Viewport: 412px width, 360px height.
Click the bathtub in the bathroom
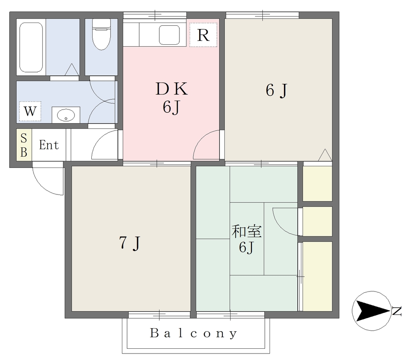point(31,48)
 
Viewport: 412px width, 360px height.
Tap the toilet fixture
point(101,34)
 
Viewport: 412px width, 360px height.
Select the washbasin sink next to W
point(66,115)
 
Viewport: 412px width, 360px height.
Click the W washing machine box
point(30,111)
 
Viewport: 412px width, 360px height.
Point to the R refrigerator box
point(203,35)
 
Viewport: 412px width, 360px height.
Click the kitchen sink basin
point(169,35)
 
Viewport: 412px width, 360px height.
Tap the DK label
point(171,89)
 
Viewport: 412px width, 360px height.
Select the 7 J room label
point(130,243)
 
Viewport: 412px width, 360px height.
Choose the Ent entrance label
point(49,145)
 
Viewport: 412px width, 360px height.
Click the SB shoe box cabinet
point(24,145)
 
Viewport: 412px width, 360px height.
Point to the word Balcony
point(194,333)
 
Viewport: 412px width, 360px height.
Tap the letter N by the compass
point(396,311)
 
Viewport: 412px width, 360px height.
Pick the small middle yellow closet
point(317,221)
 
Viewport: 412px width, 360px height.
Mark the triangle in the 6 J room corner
point(325,155)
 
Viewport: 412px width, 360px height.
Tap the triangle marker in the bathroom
point(72,70)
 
